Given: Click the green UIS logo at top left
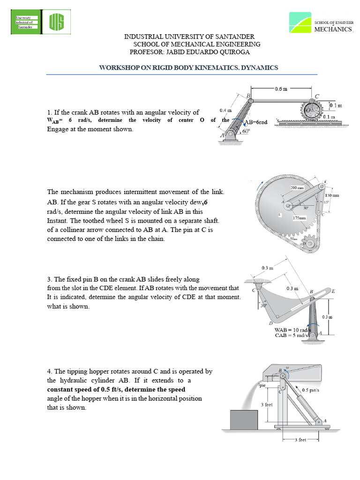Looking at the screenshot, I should click(x=59, y=22).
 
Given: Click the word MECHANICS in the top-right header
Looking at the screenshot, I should click(x=332, y=29).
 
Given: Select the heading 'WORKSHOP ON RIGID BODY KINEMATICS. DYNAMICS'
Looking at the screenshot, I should click(x=188, y=67).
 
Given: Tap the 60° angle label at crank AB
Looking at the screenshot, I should click(x=246, y=132).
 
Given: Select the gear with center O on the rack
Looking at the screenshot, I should click(x=310, y=111).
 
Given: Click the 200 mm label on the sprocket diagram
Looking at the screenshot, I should click(x=297, y=187).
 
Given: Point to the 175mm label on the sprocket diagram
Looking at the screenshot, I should click(x=299, y=218).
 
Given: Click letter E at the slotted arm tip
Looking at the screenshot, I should click(x=333, y=291).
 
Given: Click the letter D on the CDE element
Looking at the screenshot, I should click(x=270, y=323).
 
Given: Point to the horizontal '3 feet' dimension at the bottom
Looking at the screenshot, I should click(x=300, y=440).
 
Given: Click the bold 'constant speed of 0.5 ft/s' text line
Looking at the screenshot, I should click(x=116, y=389).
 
